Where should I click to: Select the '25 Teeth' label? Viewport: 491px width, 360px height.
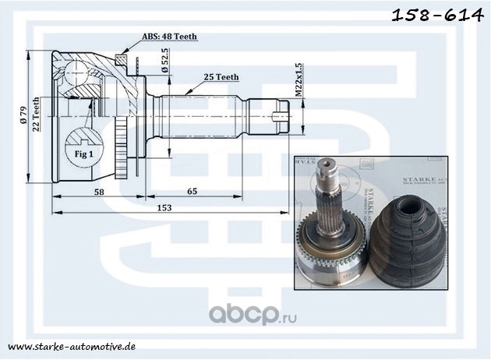point(221,77)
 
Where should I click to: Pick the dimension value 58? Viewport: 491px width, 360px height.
point(98,192)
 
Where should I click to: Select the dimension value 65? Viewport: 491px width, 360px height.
point(191,192)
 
